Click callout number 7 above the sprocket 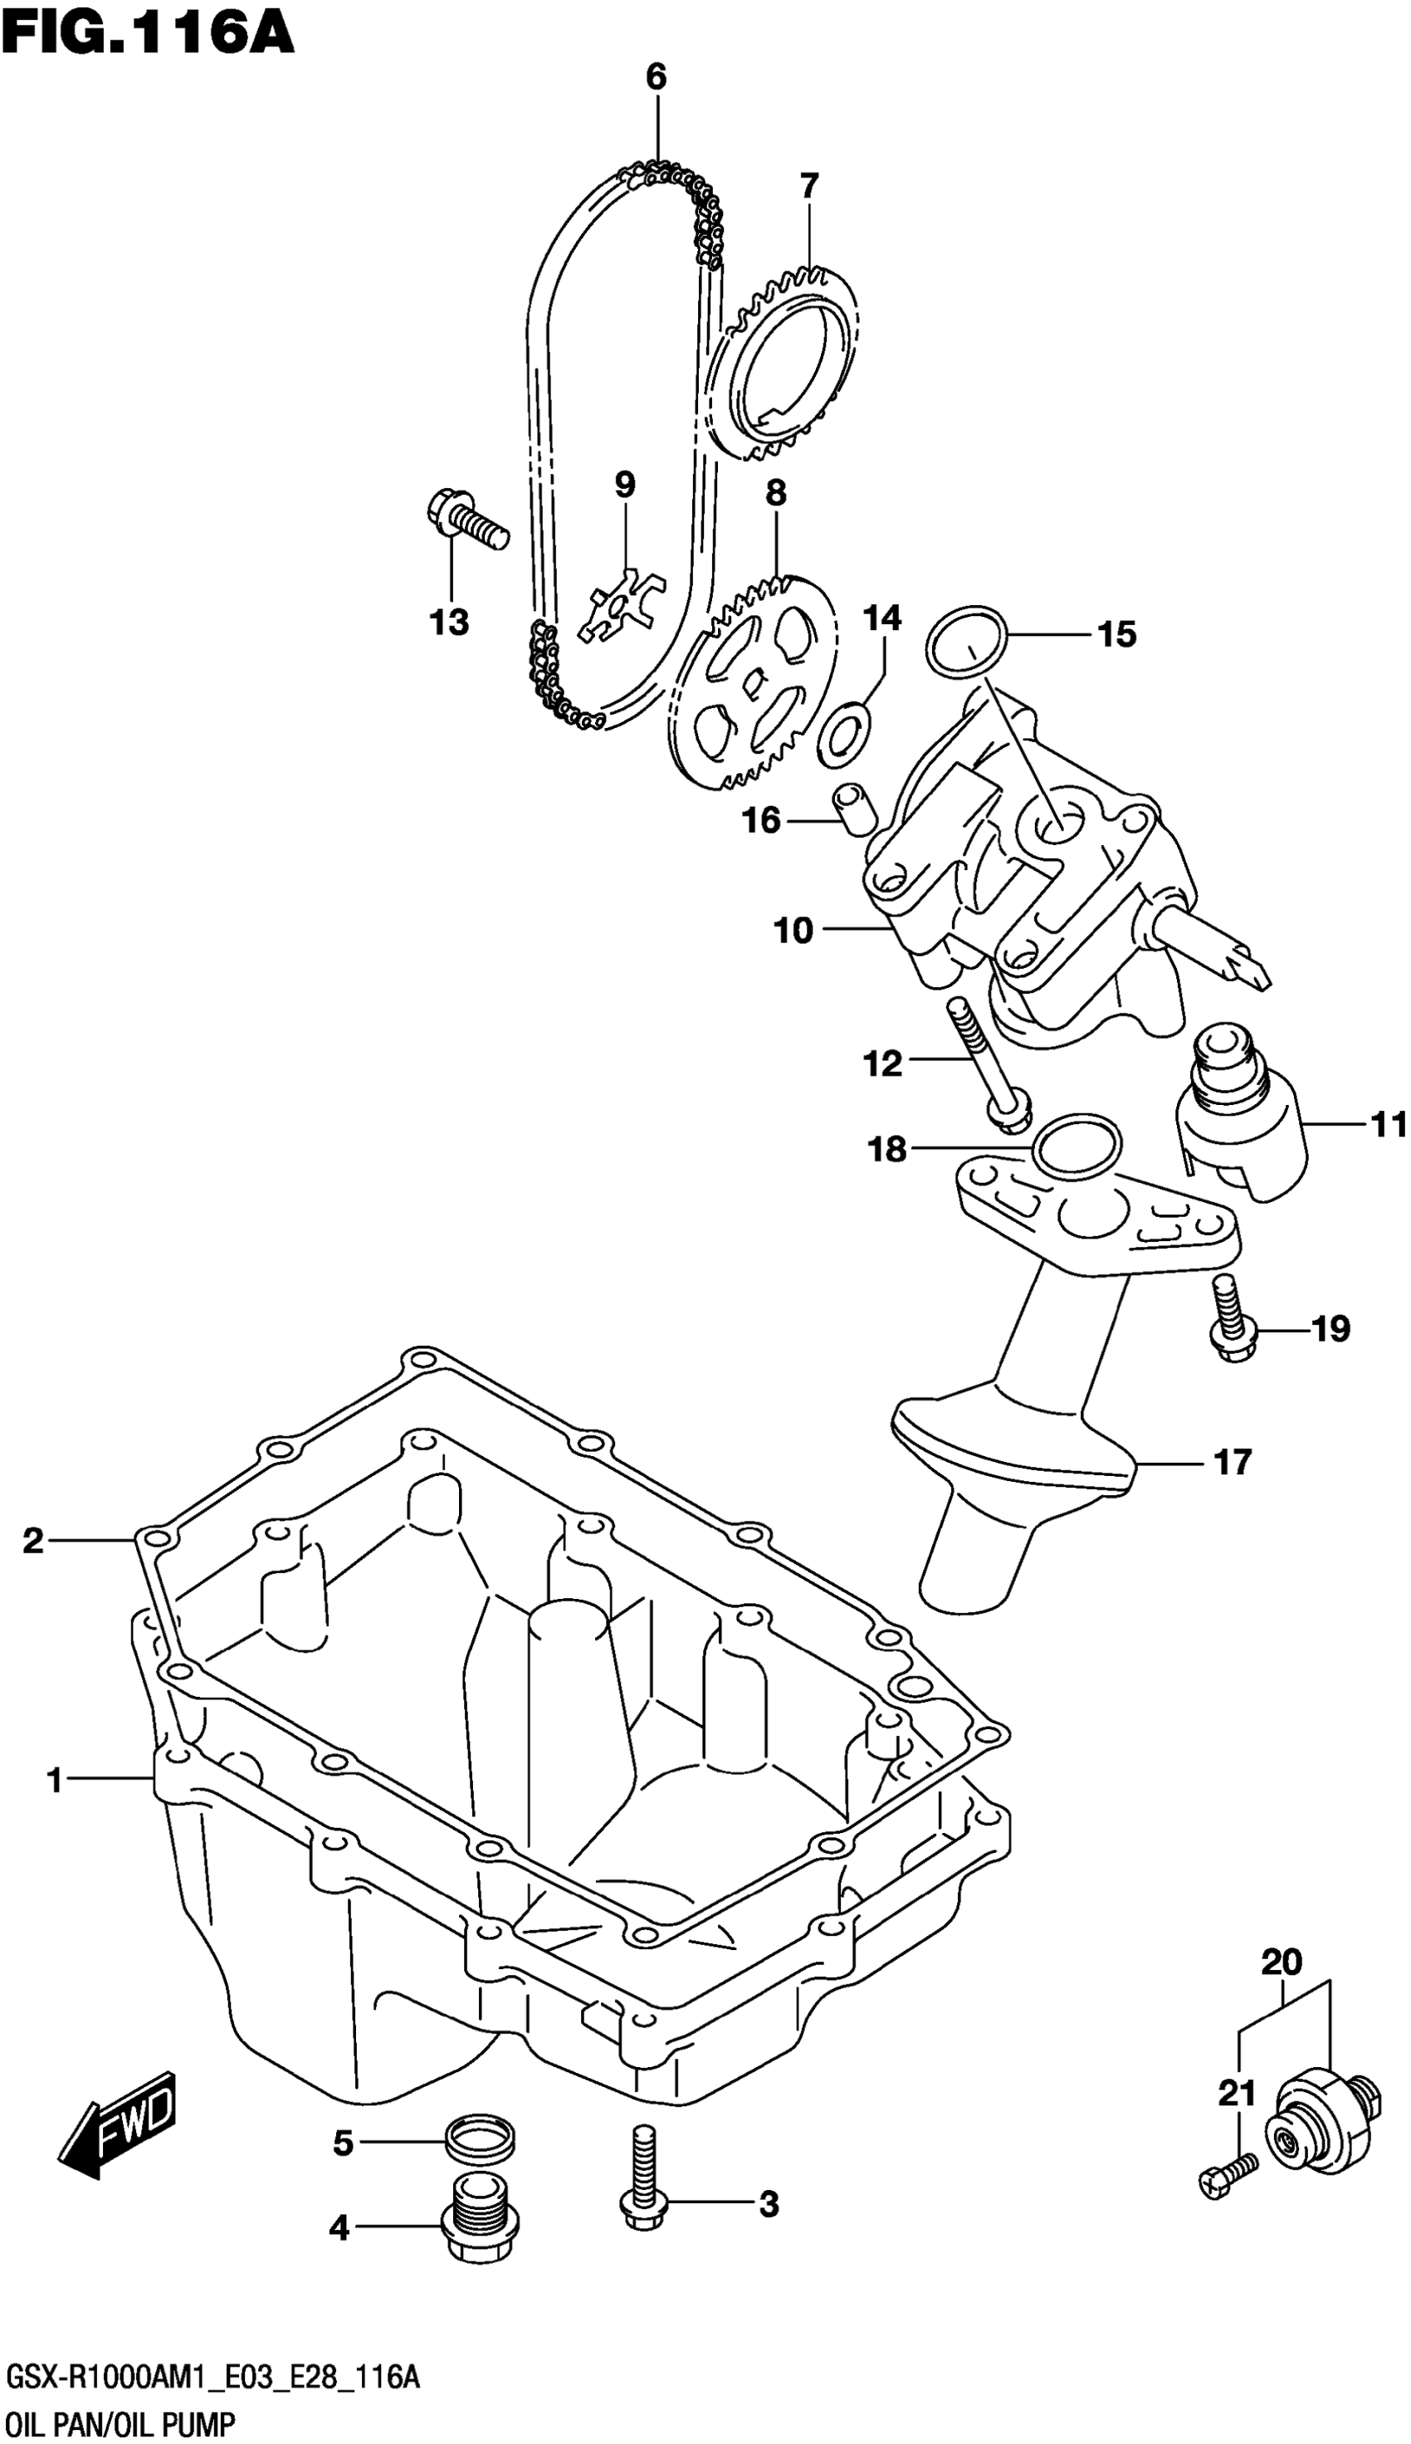pos(809,184)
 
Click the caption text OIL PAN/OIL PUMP pos(121,2417)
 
